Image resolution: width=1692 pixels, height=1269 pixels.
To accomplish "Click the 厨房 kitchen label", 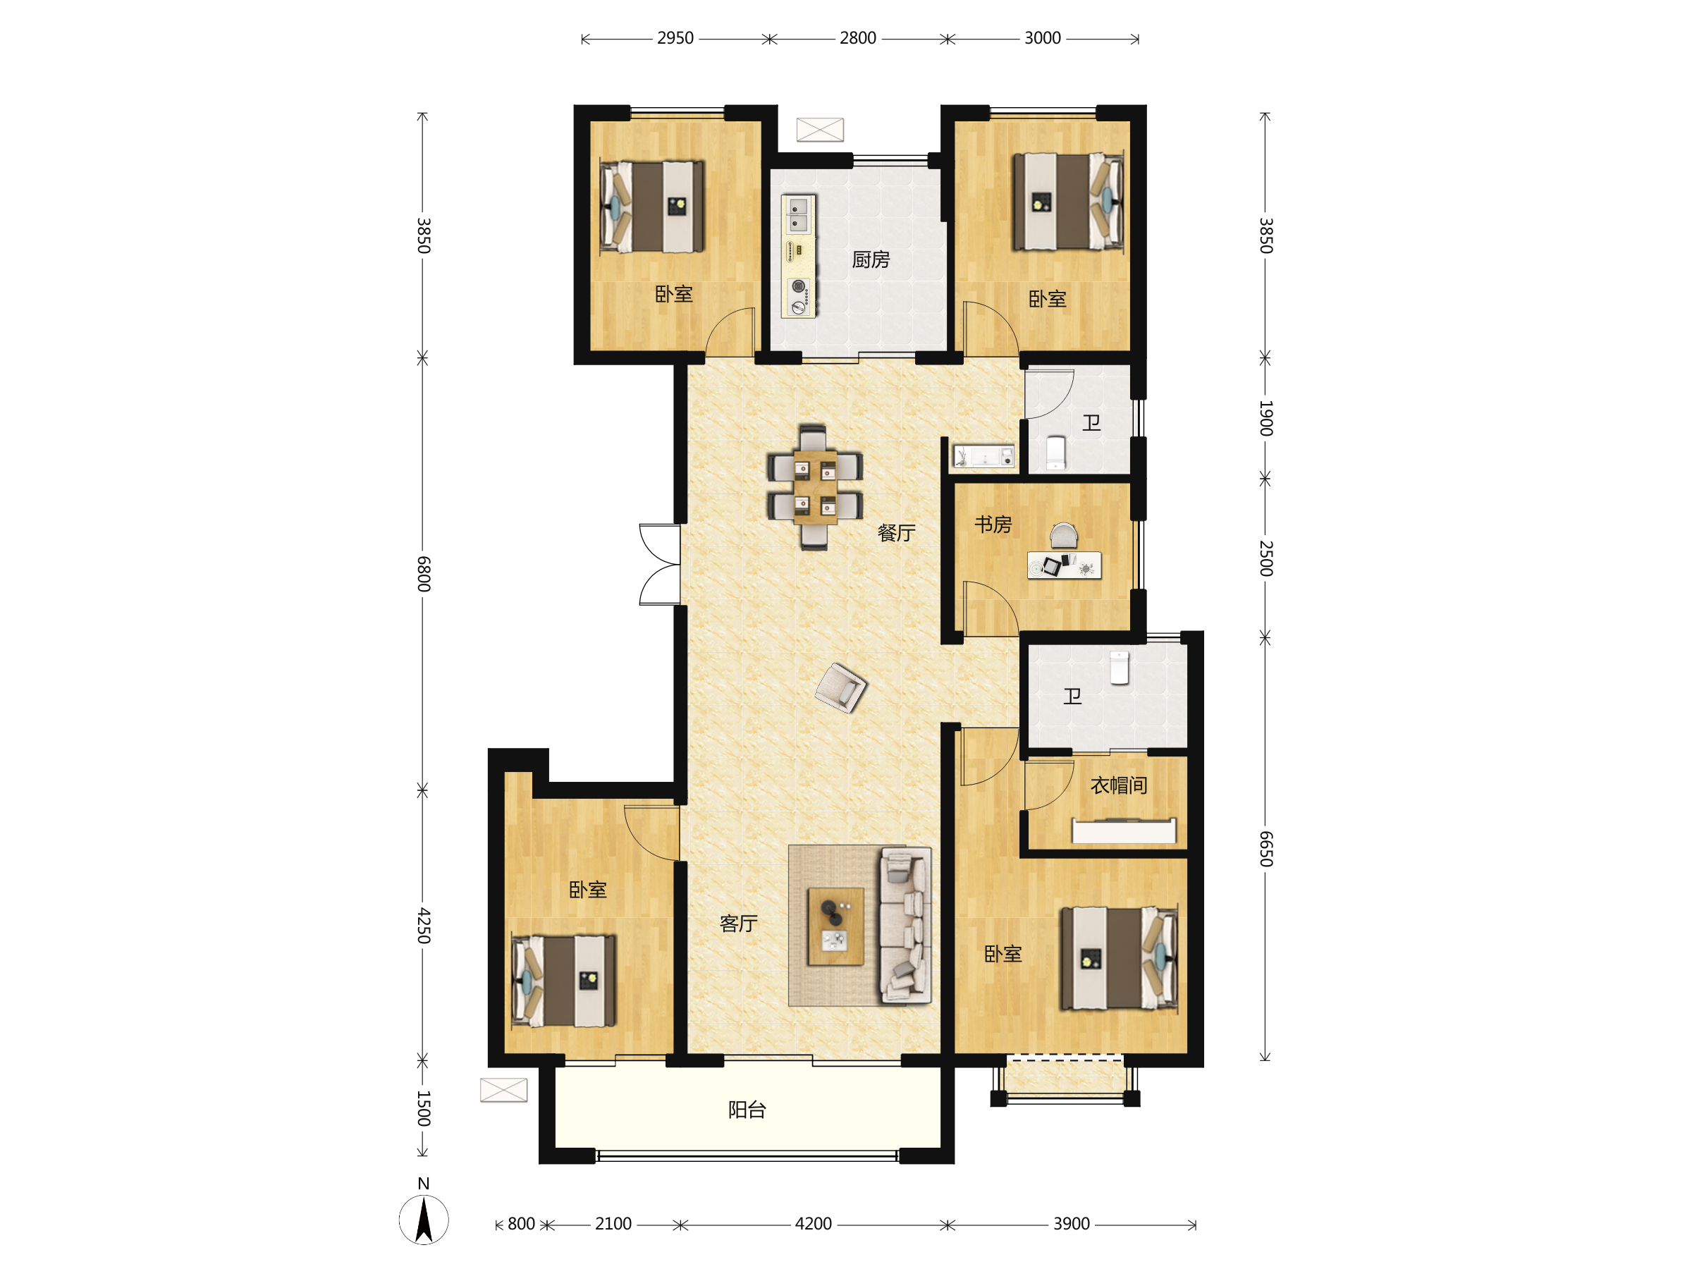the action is [x=871, y=260].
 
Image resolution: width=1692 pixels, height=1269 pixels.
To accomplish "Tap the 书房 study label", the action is [x=993, y=525].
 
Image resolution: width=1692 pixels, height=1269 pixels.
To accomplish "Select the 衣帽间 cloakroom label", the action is [x=1118, y=785].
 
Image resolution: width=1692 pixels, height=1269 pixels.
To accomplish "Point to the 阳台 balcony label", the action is [x=747, y=1110].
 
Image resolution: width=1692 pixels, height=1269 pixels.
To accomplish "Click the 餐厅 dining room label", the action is [x=896, y=533].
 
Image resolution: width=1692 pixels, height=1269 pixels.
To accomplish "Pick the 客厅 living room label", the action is [x=738, y=924].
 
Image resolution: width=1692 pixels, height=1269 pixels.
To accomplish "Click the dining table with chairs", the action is [x=815, y=487].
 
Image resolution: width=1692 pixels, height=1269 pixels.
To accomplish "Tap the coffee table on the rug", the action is [x=836, y=926].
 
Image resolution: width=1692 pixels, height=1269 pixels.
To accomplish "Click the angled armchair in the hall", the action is [x=840, y=687].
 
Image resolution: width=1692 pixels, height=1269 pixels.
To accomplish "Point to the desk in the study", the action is [x=1064, y=565].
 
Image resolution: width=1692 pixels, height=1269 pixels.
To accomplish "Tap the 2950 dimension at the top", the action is [x=675, y=38].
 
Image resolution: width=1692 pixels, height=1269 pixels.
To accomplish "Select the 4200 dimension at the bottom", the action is [x=813, y=1224].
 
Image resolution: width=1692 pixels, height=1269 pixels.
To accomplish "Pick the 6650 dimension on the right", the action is [x=1266, y=848].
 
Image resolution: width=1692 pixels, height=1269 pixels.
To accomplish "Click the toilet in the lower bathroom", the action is [x=1119, y=668].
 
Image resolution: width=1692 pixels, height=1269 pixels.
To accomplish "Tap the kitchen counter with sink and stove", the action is [x=799, y=255].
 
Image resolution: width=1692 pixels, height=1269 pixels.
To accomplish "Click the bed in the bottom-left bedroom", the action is [x=564, y=981].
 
